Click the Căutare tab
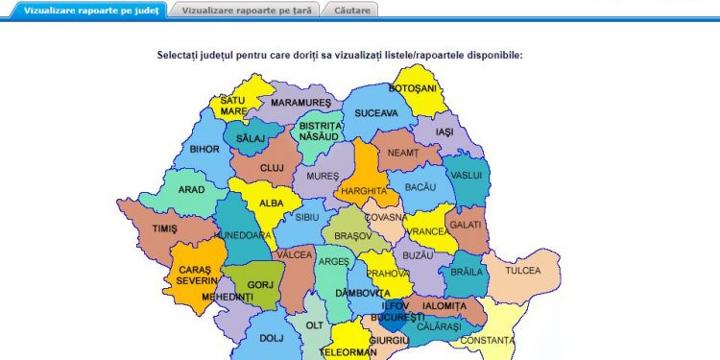352,10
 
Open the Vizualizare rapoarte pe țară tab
246,10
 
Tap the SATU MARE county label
233,106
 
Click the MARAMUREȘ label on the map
300,103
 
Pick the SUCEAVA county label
375,113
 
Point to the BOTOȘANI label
413,88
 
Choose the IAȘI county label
444,132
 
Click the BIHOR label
204,150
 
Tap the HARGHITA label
364,191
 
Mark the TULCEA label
523,271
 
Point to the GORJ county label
260,285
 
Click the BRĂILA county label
467,272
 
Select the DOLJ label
272,338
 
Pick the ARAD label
191,190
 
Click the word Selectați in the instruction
184,56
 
